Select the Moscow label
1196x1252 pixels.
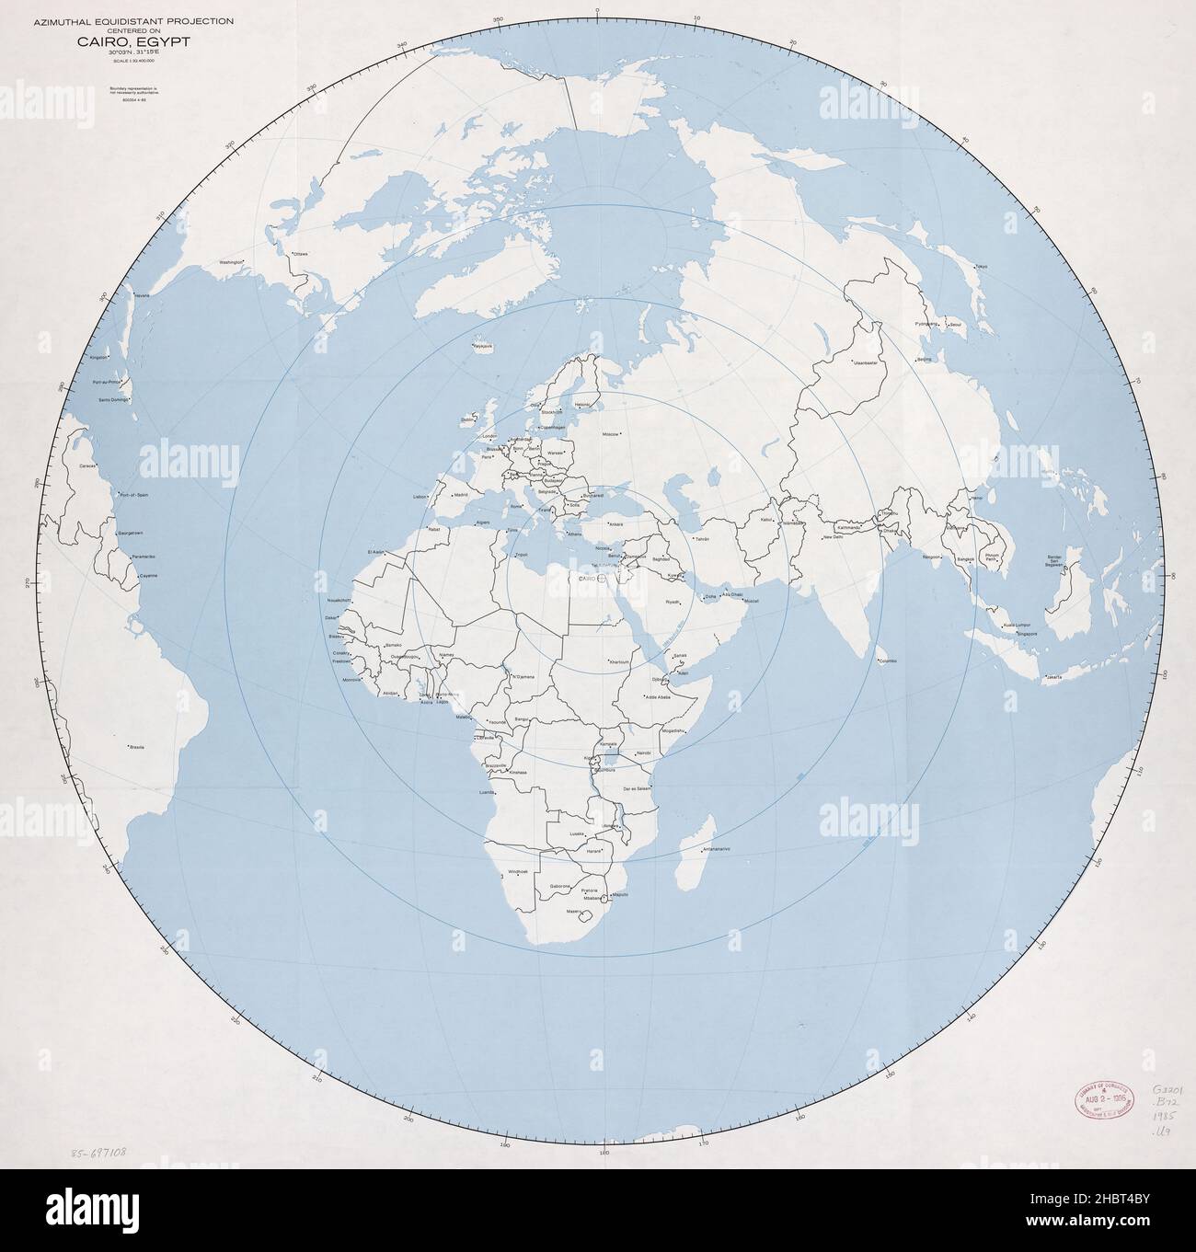click(x=611, y=433)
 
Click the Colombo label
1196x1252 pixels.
click(x=888, y=660)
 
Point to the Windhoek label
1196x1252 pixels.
click(x=518, y=870)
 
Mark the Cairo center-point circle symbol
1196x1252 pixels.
click(x=601, y=580)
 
